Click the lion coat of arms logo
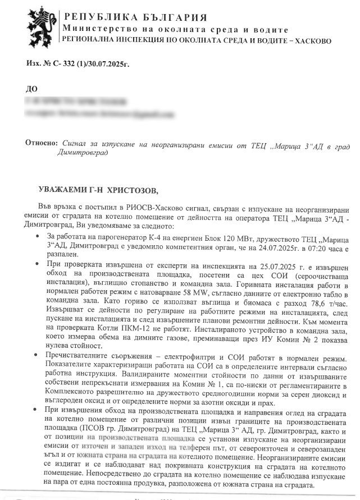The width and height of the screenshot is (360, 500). coord(41,25)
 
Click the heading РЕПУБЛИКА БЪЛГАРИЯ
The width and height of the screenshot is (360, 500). coord(135,18)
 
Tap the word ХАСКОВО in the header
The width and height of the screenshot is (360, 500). coord(312,41)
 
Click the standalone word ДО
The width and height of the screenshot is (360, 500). coord(32,89)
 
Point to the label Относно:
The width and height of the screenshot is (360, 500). coord(42,144)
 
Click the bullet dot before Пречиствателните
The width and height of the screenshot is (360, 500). coord(37,357)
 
